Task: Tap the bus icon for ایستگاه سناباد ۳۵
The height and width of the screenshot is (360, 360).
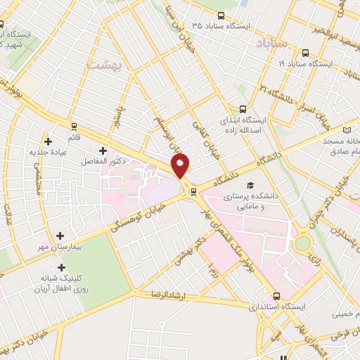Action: click(x=221, y=15)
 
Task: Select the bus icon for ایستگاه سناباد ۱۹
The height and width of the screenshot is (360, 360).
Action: click(x=305, y=53)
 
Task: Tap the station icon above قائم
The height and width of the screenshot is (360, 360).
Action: click(x=74, y=127)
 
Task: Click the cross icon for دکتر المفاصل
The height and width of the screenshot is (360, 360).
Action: click(x=103, y=150)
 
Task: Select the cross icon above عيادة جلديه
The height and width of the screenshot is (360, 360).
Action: click(x=48, y=141)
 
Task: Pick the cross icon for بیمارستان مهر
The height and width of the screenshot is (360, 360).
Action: click(x=60, y=236)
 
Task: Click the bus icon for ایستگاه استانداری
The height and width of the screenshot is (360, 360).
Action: click(x=276, y=296)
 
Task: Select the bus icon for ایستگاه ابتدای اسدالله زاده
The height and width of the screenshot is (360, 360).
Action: click(x=243, y=109)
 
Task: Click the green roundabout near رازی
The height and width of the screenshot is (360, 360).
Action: click(x=303, y=243)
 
